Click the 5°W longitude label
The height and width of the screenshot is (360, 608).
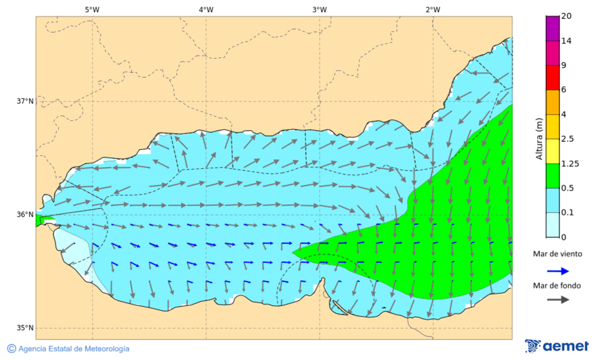(93, 9)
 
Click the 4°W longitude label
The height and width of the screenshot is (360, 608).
(206, 9)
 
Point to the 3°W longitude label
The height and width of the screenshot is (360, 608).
(320, 9)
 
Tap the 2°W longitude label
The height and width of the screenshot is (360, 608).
(433, 9)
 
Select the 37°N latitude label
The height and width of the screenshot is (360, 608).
(25, 101)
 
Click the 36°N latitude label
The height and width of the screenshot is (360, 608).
(25, 215)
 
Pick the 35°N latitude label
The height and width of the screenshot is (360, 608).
(25, 328)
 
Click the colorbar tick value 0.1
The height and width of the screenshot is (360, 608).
(567, 212)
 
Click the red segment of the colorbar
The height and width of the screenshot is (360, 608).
(553, 78)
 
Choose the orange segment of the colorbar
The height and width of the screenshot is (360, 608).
(553, 102)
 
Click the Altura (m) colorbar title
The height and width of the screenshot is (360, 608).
(539, 139)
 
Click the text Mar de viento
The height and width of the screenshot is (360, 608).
(557, 254)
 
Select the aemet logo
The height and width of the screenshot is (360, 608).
(557, 346)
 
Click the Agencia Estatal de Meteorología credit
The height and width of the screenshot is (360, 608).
(68, 349)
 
